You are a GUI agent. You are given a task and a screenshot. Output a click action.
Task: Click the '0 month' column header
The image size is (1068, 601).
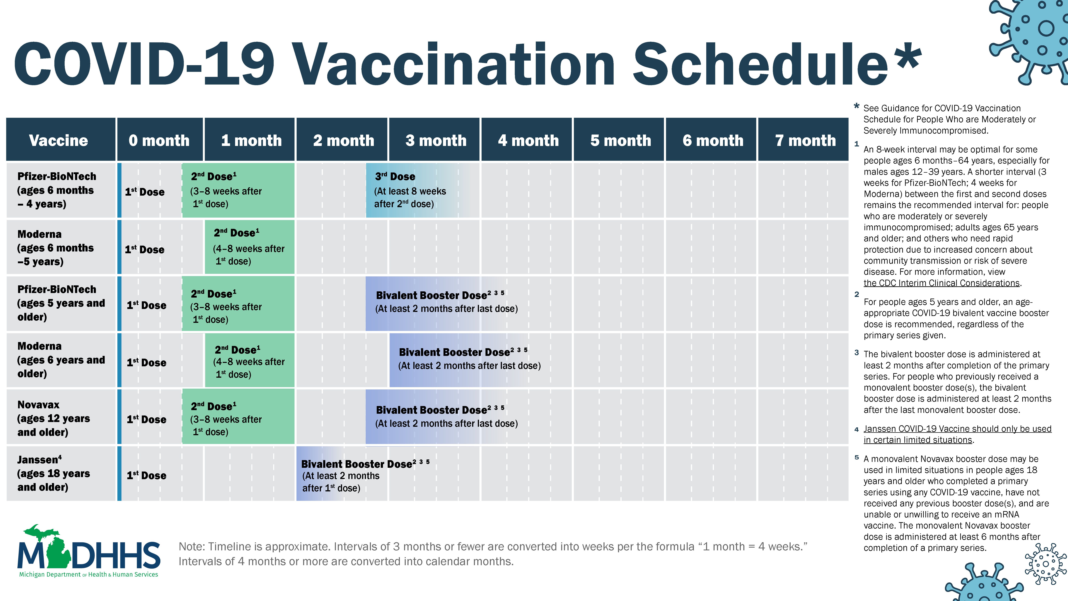point(159,140)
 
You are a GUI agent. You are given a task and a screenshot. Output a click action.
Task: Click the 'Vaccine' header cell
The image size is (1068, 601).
point(58,140)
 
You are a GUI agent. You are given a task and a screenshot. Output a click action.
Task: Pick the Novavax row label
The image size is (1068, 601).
point(53,418)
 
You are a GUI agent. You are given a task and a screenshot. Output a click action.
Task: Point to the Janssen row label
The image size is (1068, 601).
point(53,473)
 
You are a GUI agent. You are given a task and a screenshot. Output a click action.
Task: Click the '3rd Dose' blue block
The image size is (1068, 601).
point(410,190)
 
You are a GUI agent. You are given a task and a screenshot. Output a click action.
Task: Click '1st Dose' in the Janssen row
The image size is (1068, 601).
point(146,475)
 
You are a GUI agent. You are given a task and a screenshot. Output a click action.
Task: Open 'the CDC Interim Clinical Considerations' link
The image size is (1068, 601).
point(941,283)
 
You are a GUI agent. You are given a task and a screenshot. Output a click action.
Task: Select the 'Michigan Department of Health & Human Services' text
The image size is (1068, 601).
point(88,574)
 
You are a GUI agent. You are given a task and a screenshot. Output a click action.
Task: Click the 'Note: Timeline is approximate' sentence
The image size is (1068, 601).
point(492,547)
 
